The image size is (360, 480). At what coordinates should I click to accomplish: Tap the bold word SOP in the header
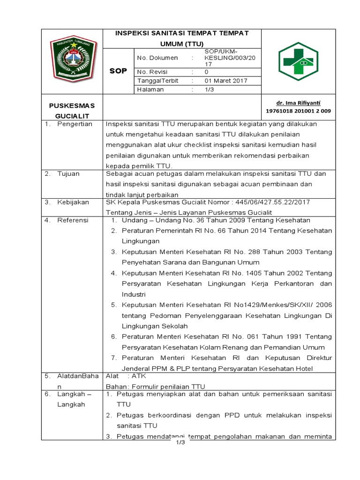click(x=119, y=70)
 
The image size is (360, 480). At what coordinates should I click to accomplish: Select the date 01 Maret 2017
click(x=226, y=81)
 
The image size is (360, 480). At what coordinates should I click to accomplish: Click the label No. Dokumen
click(x=157, y=58)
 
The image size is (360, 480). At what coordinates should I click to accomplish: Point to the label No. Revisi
click(x=152, y=72)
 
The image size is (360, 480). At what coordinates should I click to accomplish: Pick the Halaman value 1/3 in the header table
click(x=209, y=90)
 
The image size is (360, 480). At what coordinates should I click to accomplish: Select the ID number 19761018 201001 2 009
click(x=298, y=111)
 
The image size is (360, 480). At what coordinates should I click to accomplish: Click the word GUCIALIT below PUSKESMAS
click(x=72, y=115)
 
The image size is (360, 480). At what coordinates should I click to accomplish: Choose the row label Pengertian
click(x=75, y=124)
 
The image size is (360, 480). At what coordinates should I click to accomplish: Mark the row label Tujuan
click(x=68, y=173)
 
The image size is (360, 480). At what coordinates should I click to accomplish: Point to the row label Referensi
click(x=73, y=220)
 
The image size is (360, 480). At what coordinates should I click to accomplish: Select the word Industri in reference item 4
click(x=134, y=294)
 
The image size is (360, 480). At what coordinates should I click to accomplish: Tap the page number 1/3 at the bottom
click(x=181, y=443)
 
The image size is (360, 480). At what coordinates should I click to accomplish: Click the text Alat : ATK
click(x=120, y=375)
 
